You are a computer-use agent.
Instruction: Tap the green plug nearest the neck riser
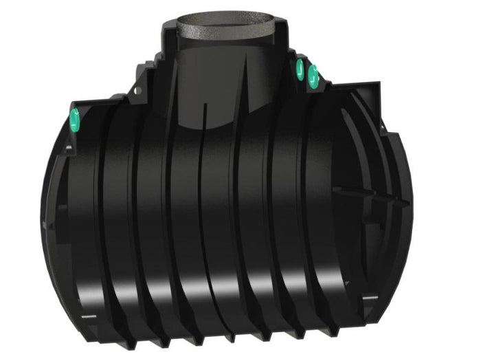click(300, 68)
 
